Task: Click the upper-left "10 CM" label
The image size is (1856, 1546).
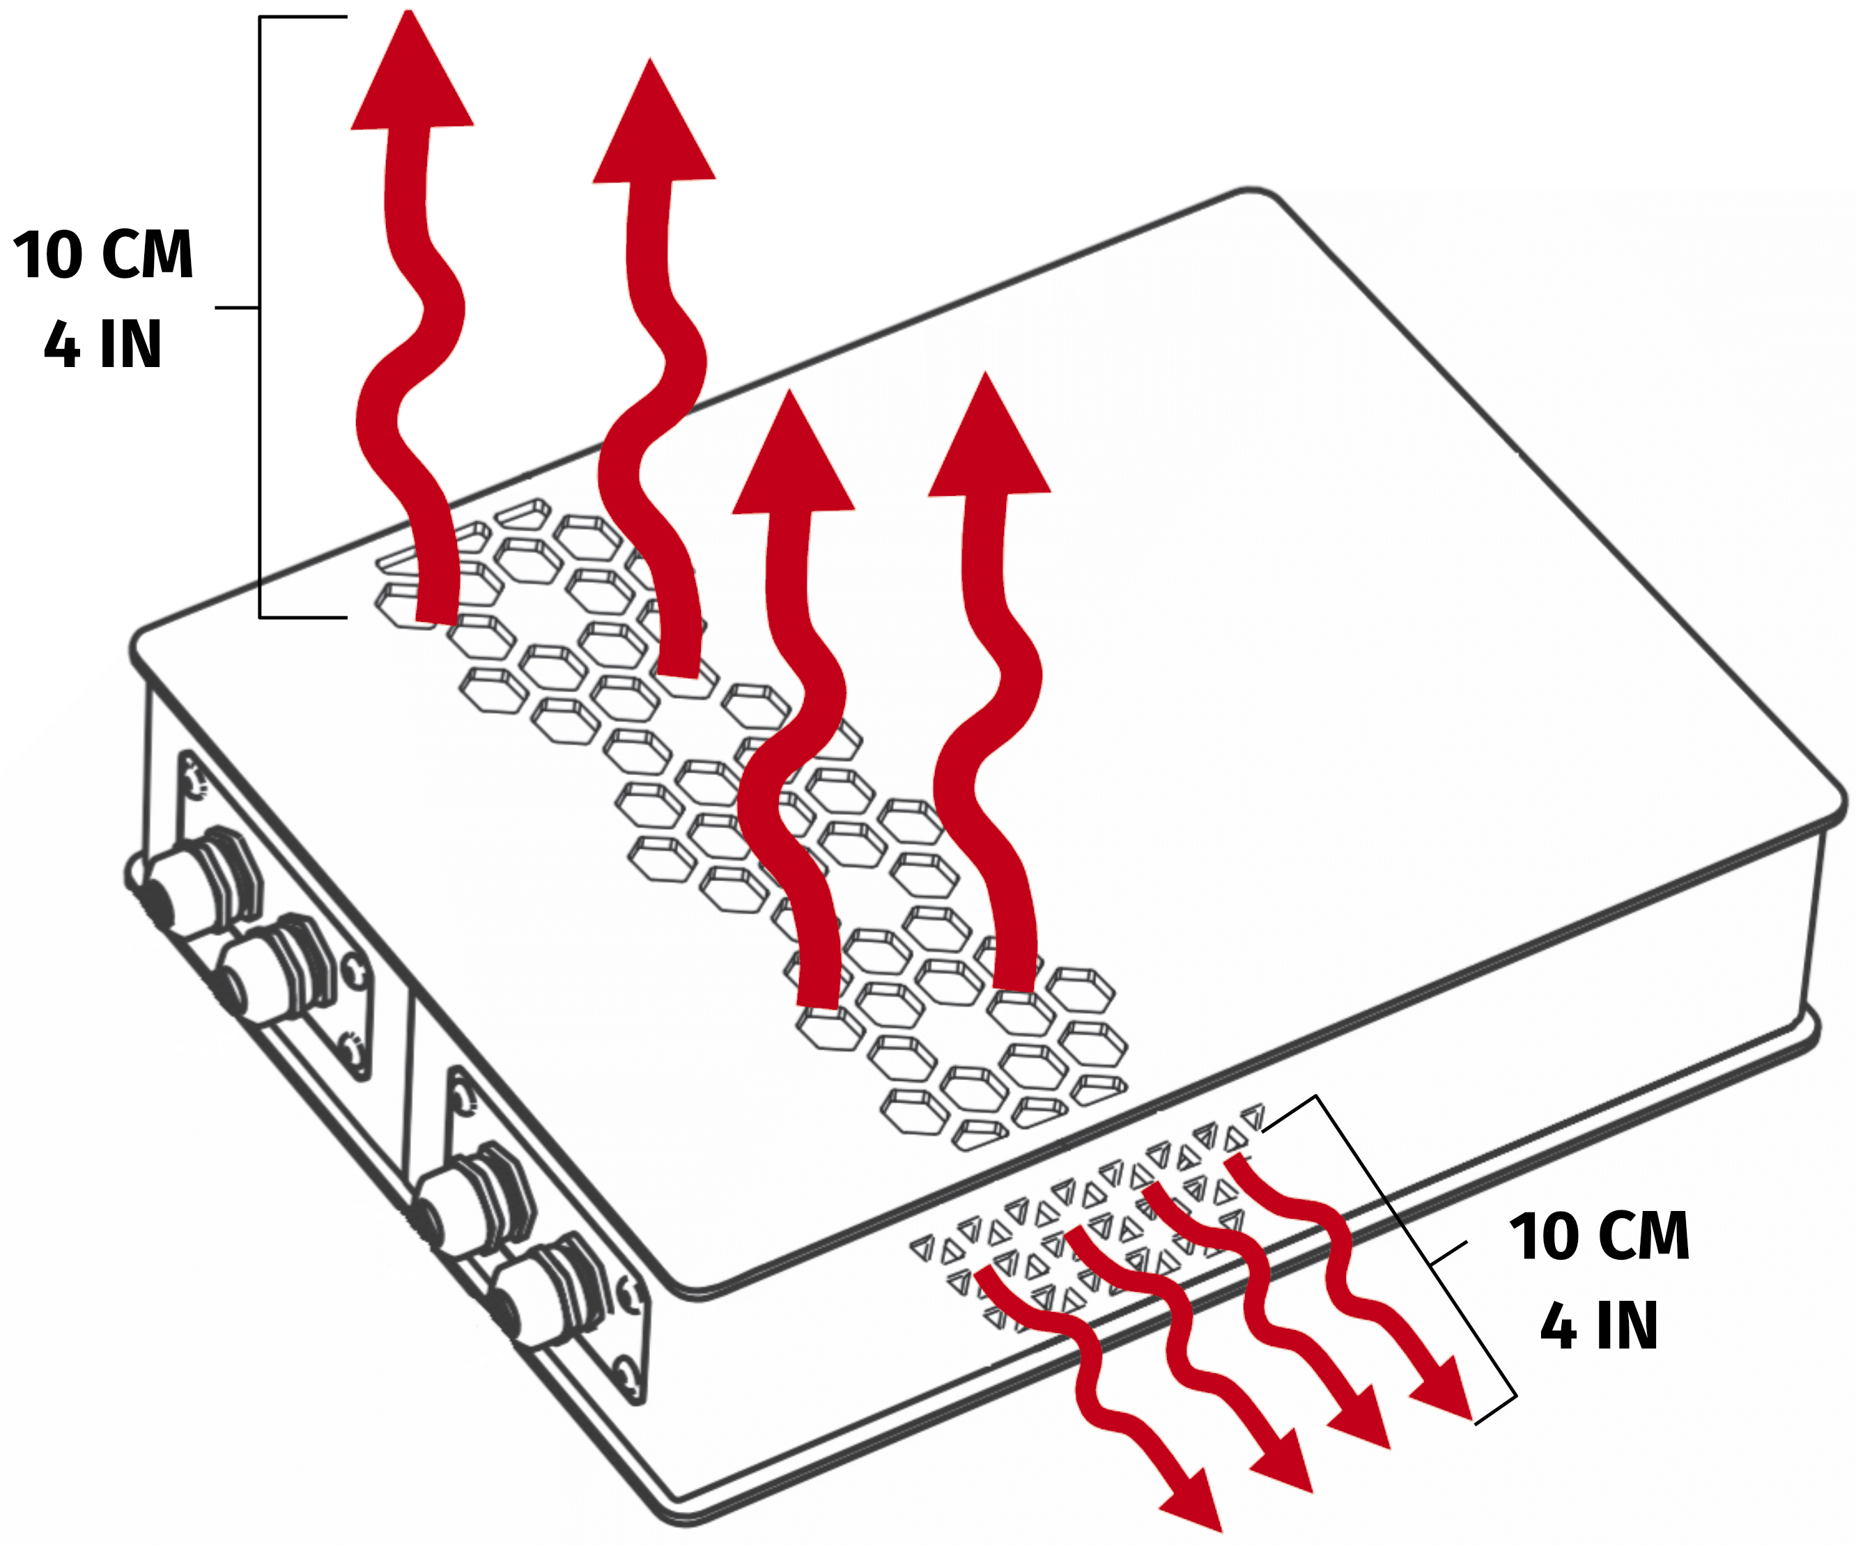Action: pyautogui.click(x=103, y=254)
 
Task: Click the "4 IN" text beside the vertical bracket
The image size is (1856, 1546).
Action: pyautogui.click(x=103, y=345)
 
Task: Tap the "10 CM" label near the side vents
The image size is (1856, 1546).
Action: pyautogui.click(x=1600, y=1237)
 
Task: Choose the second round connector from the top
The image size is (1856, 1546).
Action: pyautogui.click(x=265, y=971)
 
